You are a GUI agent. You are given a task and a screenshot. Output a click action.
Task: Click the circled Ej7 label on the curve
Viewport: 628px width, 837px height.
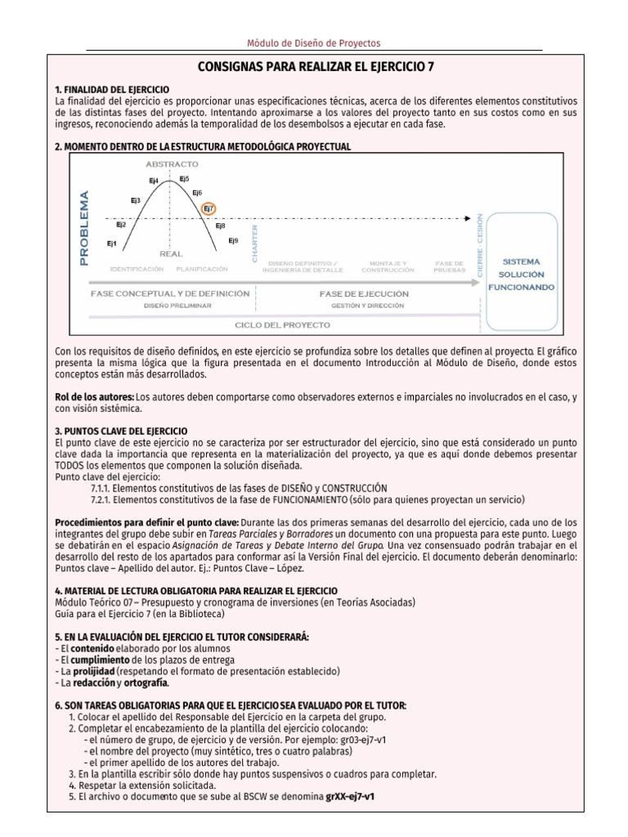(x=209, y=208)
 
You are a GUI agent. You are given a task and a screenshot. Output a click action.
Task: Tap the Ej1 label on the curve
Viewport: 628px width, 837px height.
(x=111, y=244)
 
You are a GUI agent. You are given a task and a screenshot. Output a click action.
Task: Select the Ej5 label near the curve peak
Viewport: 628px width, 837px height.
(x=184, y=178)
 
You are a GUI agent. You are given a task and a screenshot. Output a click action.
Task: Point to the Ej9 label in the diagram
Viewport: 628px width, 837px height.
(x=233, y=240)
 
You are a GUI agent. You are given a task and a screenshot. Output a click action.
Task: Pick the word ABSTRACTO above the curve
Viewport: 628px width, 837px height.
(x=172, y=164)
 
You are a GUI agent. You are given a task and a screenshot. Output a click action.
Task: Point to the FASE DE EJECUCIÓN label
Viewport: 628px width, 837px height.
(x=364, y=293)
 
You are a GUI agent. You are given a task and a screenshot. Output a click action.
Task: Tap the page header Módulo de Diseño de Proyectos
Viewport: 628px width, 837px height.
(x=314, y=43)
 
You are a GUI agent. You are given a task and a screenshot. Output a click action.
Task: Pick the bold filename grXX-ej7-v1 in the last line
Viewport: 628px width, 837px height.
(x=355, y=796)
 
